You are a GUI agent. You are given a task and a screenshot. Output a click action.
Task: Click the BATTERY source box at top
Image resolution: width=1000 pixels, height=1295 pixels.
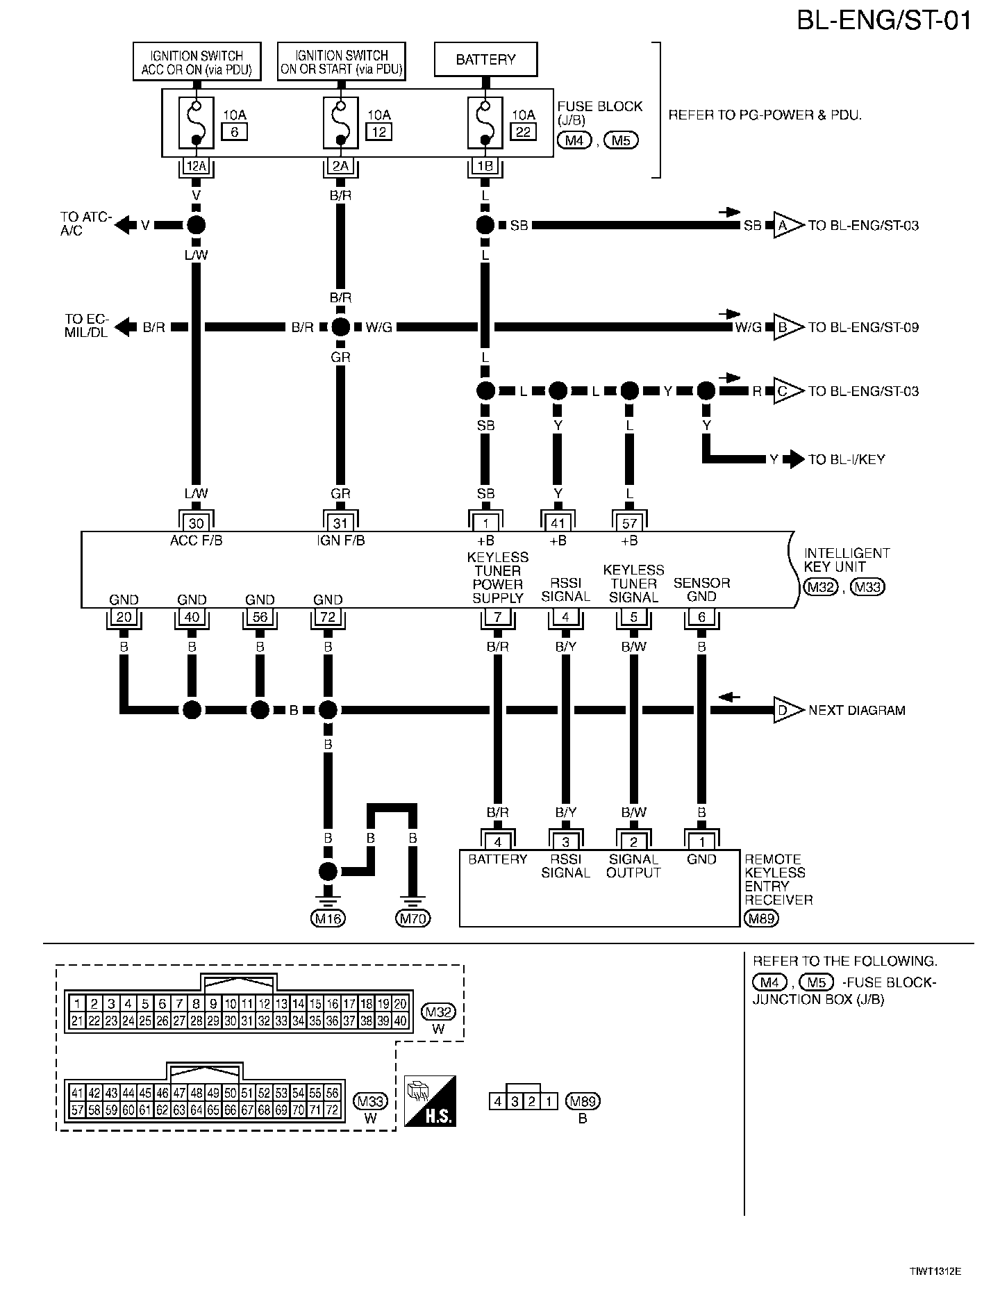pos(485,60)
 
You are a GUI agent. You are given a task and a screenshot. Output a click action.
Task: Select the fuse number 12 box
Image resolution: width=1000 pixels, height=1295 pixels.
pos(378,131)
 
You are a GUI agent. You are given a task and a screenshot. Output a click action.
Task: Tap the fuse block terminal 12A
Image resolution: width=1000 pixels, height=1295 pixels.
pos(197,166)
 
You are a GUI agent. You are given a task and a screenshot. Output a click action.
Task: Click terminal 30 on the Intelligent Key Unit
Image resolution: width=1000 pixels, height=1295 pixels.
pos(197,522)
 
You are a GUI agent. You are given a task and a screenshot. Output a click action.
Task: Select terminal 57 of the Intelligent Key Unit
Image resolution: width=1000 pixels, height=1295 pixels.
pos(629,522)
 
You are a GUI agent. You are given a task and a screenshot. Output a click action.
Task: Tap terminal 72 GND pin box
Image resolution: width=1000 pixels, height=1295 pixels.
pos(328,616)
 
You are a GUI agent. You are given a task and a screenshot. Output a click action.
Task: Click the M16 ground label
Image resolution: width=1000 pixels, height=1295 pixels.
pos(328,918)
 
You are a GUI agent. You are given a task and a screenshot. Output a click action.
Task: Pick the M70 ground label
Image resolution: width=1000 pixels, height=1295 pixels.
pos(412,918)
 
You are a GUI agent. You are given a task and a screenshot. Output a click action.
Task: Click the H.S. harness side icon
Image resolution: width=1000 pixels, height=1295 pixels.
pos(430,1101)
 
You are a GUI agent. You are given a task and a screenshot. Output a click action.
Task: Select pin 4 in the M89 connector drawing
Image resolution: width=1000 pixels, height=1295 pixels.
pos(497,1101)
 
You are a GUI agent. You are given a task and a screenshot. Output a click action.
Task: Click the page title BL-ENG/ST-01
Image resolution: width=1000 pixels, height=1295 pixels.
pos(883,21)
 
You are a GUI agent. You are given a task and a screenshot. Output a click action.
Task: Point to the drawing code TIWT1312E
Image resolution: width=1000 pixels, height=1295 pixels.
pos(935,1271)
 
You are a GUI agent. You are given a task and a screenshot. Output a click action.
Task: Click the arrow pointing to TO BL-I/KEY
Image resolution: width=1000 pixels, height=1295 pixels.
pos(793,459)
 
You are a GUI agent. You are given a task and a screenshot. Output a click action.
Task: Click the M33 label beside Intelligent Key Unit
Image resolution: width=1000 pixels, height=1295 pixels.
pos(868,587)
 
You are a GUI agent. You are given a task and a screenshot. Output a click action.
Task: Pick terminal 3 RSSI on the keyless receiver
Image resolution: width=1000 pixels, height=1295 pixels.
pos(565,842)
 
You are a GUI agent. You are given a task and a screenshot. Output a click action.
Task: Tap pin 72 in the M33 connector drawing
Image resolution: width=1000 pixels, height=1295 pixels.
pos(333,1110)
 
